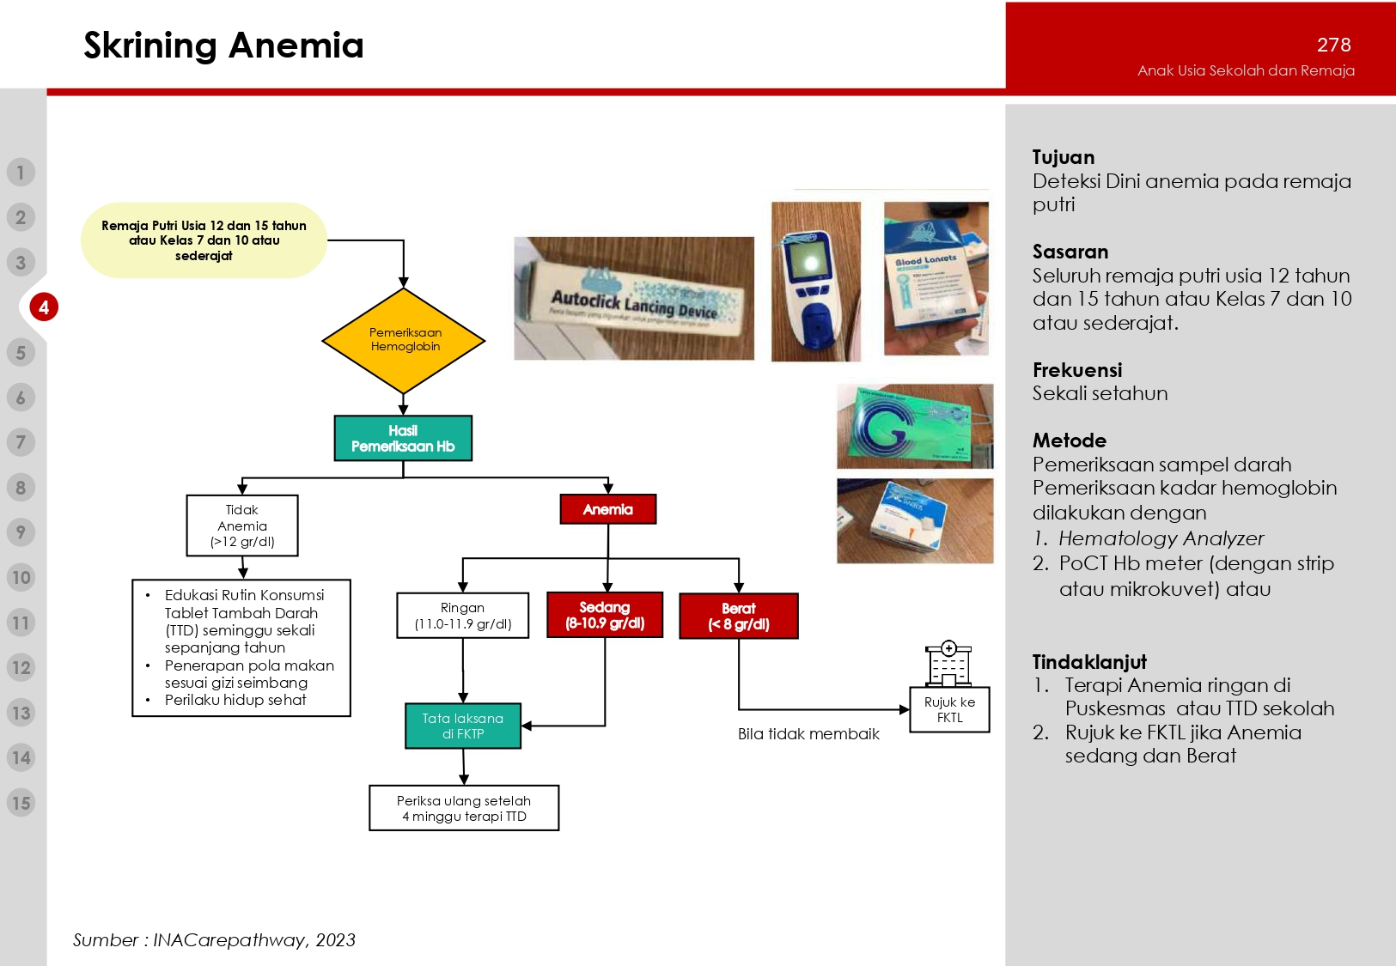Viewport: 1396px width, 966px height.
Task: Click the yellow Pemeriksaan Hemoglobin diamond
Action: (x=404, y=340)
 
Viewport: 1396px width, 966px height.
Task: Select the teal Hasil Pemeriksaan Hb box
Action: (x=403, y=439)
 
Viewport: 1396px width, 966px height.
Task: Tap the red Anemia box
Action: (x=608, y=509)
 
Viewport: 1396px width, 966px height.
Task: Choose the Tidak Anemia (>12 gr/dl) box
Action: (x=242, y=526)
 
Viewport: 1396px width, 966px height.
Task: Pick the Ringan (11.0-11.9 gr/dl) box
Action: (x=463, y=616)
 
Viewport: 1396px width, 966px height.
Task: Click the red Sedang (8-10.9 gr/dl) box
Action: (x=605, y=615)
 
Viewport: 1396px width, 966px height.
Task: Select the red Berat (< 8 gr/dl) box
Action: (x=739, y=617)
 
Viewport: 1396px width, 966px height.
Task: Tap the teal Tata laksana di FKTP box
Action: (x=463, y=726)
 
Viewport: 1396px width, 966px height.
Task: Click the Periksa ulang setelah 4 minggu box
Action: (x=464, y=808)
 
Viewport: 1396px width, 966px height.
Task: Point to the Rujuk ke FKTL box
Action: (x=949, y=709)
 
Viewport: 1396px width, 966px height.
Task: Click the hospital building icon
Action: (x=948, y=664)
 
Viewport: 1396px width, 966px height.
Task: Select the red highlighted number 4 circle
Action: (x=44, y=307)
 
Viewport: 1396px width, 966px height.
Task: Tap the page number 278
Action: (x=1333, y=45)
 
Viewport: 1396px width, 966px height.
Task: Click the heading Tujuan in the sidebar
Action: (x=1064, y=157)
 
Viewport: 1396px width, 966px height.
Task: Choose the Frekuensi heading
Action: (x=1077, y=370)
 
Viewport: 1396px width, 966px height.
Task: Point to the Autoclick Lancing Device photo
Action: (x=634, y=299)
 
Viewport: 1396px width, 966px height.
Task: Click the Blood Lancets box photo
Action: (x=936, y=278)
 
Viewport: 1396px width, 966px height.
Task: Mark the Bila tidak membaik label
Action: (x=808, y=734)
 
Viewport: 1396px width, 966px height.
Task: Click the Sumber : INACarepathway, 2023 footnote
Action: (x=214, y=940)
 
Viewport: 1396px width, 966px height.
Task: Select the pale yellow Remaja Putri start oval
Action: (x=204, y=240)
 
